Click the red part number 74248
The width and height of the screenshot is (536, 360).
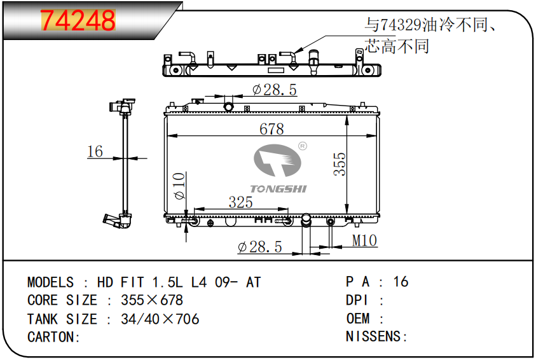pyautogui.click(x=78, y=20)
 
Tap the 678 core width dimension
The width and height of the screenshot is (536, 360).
pyautogui.click(x=271, y=129)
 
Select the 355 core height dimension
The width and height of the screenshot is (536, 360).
pyautogui.click(x=340, y=164)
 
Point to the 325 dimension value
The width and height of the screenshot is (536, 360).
pyautogui.click(x=240, y=202)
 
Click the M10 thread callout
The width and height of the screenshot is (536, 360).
pyautogui.click(x=364, y=240)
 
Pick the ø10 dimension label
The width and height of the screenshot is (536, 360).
pyautogui.click(x=179, y=186)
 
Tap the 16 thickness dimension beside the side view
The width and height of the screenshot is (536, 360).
pyautogui.click(x=95, y=151)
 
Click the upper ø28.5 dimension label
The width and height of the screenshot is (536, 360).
pyautogui.click(x=275, y=90)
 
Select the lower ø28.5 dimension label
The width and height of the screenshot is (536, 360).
pyautogui.click(x=260, y=247)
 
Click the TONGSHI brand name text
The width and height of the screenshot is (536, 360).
pyautogui.click(x=278, y=189)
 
